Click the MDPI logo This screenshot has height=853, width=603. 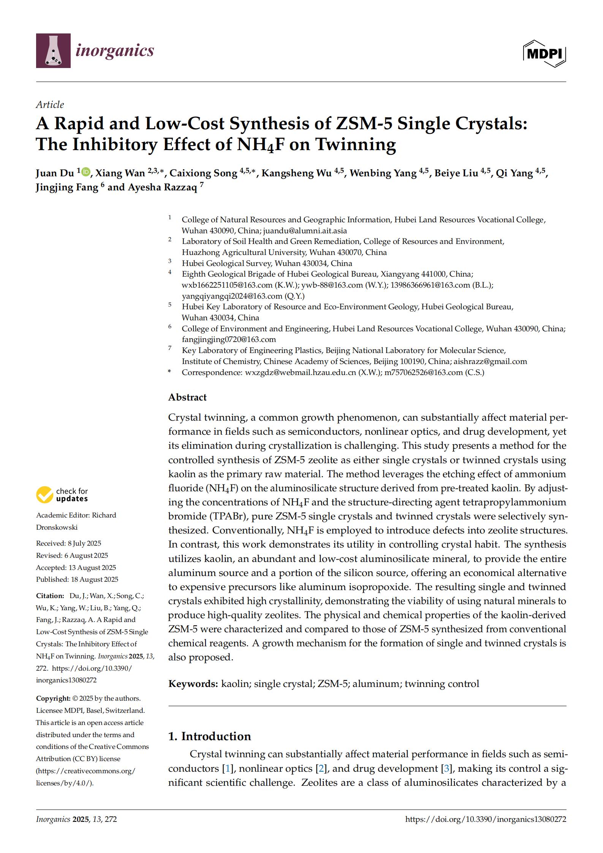(x=544, y=54)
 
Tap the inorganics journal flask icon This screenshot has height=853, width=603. (x=53, y=51)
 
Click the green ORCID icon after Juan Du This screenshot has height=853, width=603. (x=86, y=172)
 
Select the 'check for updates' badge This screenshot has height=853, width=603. (x=62, y=495)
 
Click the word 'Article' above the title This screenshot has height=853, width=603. (x=50, y=104)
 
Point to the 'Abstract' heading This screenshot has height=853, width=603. (x=187, y=397)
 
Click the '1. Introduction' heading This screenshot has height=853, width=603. (x=209, y=736)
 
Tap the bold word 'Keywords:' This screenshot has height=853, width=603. (x=193, y=684)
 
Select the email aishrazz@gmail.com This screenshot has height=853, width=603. (x=490, y=361)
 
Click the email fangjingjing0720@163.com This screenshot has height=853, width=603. (x=229, y=339)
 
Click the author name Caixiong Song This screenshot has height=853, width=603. (x=203, y=173)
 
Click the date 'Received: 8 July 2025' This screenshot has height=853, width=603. (x=68, y=543)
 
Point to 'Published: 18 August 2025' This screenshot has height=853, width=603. (x=77, y=579)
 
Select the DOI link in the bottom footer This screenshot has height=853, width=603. (x=486, y=819)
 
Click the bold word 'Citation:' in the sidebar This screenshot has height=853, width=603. (x=50, y=596)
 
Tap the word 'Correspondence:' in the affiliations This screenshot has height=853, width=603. (x=212, y=372)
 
